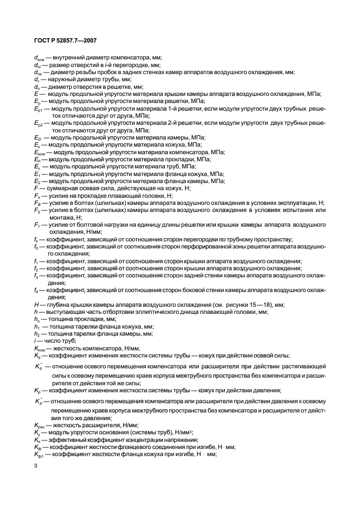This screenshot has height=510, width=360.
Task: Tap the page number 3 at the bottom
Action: tap(35, 466)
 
